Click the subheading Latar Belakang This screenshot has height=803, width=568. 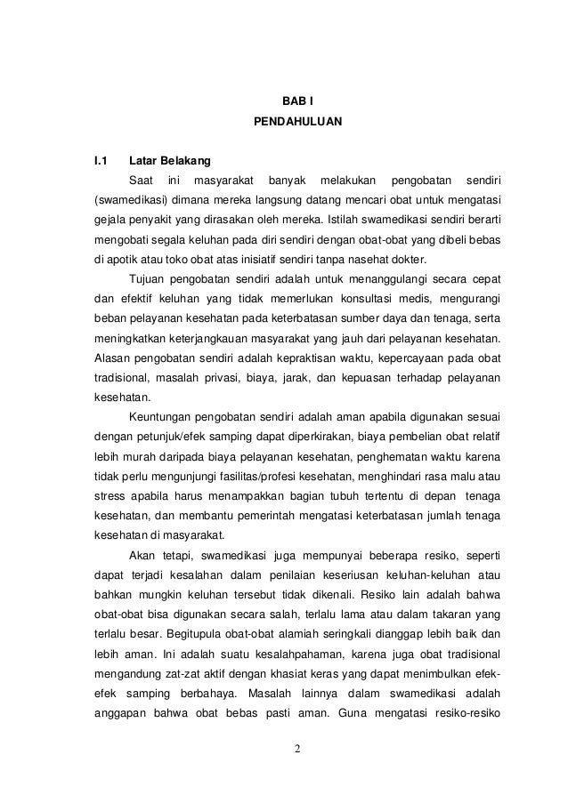170,162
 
